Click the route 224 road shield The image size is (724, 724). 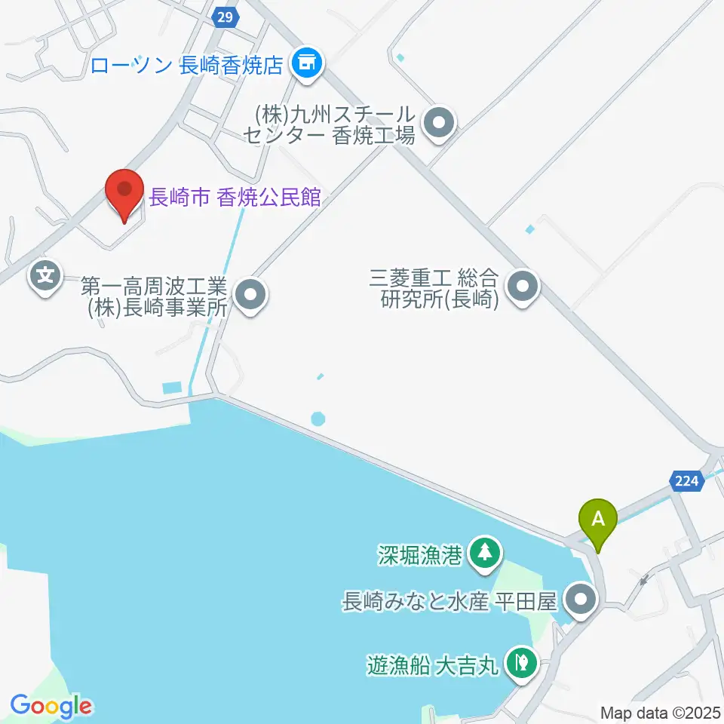686,480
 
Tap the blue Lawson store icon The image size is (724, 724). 306,63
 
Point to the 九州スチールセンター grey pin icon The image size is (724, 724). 438,124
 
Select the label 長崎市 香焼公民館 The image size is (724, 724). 235,198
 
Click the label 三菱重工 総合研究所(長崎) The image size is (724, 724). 435,289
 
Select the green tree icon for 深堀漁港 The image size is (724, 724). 483,553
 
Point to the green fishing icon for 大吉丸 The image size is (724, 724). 520,663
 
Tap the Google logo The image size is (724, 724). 51,706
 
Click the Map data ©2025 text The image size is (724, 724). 661,712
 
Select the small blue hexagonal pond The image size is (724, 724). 318,417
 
